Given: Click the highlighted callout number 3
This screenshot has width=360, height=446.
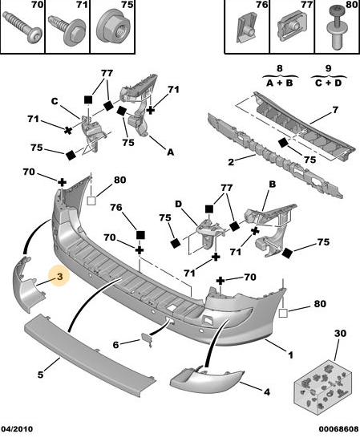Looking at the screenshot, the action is pos(59,276).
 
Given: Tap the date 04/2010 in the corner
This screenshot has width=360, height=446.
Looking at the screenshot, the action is pos(17,429).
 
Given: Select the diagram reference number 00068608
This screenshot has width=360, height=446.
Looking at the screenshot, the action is pos(338,429).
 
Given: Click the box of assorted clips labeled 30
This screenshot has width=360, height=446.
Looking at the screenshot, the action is pos(323,387).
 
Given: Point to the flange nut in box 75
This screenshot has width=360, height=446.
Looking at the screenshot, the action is pos(112,28).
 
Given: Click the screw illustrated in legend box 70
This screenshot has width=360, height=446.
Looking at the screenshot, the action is pos(22,27).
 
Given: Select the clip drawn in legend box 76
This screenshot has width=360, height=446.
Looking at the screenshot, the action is pos(246,28).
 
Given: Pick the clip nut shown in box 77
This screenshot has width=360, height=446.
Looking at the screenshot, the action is pos(293,26).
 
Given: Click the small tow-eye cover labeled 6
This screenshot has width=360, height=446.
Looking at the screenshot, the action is pos(147,340).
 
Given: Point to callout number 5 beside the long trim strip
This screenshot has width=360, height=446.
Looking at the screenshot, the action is pos(41,375).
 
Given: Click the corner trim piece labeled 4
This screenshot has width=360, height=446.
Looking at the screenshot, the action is pos(206,379).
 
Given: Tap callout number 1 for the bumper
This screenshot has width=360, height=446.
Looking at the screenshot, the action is pos(290,355).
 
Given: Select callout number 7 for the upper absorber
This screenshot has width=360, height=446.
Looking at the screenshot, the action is pos(335,110).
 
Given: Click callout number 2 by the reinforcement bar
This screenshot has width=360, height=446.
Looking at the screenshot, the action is pos(231,162).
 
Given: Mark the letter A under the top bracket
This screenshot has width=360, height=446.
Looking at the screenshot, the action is pos(170,152).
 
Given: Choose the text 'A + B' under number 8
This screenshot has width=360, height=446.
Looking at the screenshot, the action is pos(280,83).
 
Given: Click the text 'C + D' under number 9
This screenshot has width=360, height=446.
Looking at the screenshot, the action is pos(329,83).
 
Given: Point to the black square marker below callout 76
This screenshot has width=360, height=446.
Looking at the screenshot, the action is pos(140,235).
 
